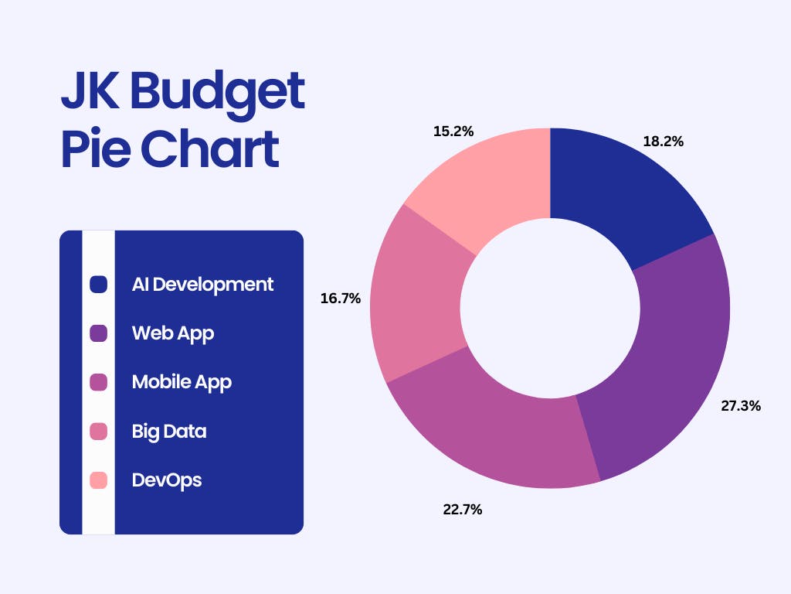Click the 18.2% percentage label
(x=663, y=142)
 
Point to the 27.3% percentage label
(x=741, y=405)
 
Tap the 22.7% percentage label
(x=463, y=510)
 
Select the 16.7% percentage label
(x=341, y=299)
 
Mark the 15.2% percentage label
(x=453, y=131)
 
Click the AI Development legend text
(x=202, y=285)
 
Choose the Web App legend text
(x=173, y=334)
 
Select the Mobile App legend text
(x=182, y=382)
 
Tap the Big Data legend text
(x=169, y=432)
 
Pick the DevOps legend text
(x=167, y=480)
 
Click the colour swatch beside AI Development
(x=98, y=285)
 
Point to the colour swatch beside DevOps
(x=98, y=480)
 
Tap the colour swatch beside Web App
(x=98, y=333)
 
